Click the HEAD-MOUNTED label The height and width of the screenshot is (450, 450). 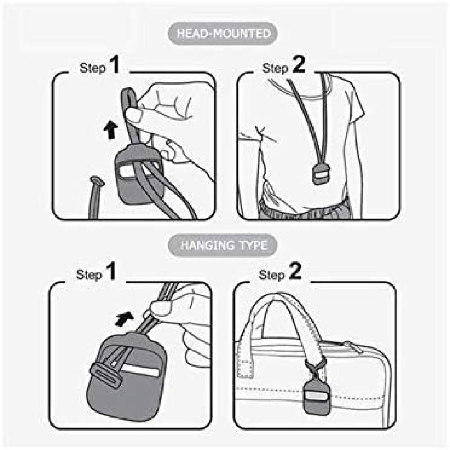(223, 34)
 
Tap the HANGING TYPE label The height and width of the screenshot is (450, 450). (223, 245)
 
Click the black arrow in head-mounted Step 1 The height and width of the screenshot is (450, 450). (110, 130)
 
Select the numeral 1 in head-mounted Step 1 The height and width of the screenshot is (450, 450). (115, 64)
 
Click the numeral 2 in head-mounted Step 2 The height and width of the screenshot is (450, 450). (299, 64)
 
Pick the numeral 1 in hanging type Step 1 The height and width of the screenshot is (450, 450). (111, 271)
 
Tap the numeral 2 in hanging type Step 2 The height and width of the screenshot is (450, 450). (295, 271)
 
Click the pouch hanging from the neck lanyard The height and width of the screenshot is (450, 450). (320, 174)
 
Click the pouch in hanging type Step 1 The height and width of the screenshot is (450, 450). (126, 379)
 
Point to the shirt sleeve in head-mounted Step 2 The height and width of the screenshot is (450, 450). (353, 106)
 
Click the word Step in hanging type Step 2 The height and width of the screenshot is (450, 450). (271, 275)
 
